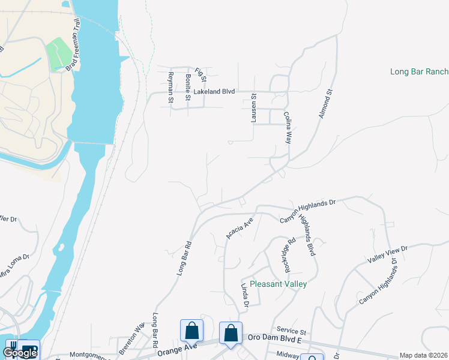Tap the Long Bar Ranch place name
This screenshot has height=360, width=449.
point(419,71)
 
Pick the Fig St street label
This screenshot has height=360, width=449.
point(202,75)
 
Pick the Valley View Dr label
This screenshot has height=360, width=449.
point(388,256)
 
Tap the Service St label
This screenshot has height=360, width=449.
point(291,331)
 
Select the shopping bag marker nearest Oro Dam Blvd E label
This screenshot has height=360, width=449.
point(231,333)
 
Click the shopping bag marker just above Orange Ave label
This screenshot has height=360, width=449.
point(191,331)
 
